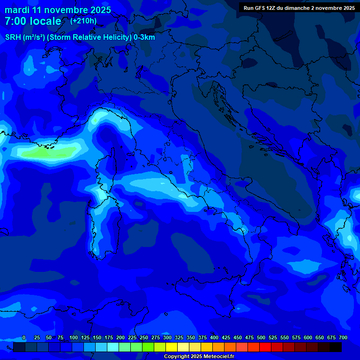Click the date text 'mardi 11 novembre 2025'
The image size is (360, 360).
(58, 10)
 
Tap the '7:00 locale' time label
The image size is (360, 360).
(33, 21)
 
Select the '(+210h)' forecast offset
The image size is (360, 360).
(83, 21)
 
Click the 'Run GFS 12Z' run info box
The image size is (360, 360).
(299, 7)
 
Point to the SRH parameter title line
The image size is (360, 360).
(80, 37)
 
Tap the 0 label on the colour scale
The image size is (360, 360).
(24, 338)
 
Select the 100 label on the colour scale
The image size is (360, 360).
(74, 338)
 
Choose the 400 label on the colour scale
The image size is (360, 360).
(214, 338)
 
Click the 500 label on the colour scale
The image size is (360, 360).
(261, 338)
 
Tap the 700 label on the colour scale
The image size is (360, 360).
(343, 338)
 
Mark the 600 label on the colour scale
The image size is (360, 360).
(308, 338)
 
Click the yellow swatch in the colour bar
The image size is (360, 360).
(172, 347)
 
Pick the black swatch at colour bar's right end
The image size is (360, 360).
(336, 347)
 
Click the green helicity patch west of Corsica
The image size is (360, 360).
(45, 153)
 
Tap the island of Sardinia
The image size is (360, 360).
(104, 225)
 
